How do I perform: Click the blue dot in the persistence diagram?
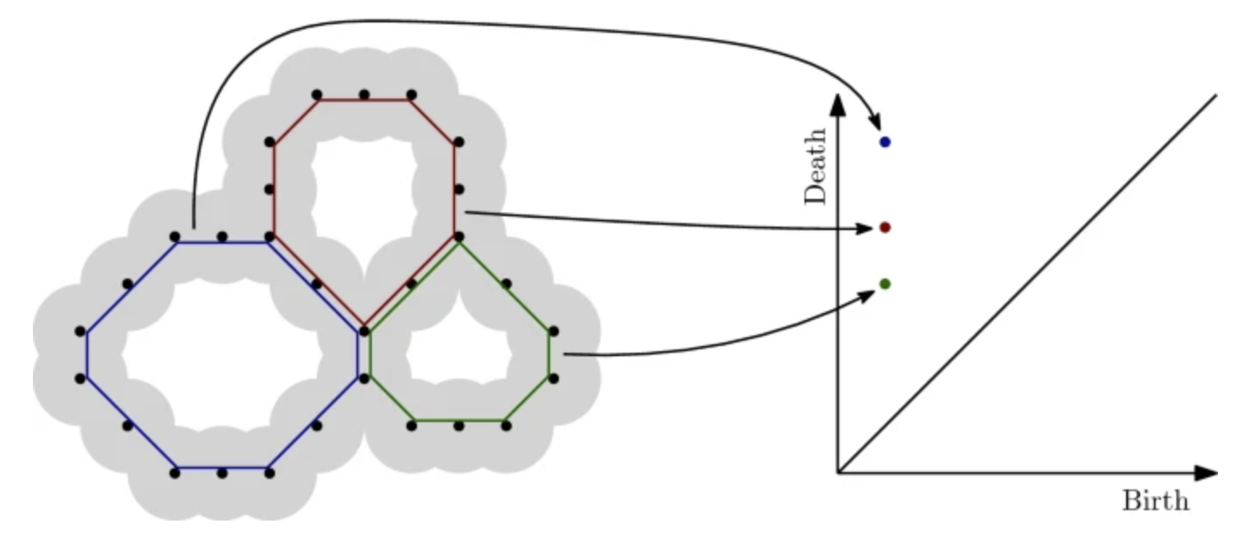pos(884,142)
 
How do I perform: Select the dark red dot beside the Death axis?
pos(884,227)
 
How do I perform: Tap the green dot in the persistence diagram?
pos(884,284)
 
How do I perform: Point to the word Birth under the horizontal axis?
pos(1155,502)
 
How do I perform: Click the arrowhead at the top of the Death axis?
pos(836,103)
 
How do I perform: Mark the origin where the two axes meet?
pos(837,473)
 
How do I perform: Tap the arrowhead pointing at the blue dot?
pos(875,125)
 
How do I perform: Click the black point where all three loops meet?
pos(364,330)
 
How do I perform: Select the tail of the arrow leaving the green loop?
pos(565,354)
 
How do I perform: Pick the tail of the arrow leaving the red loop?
pos(467,211)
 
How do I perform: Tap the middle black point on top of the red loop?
pos(364,94)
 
